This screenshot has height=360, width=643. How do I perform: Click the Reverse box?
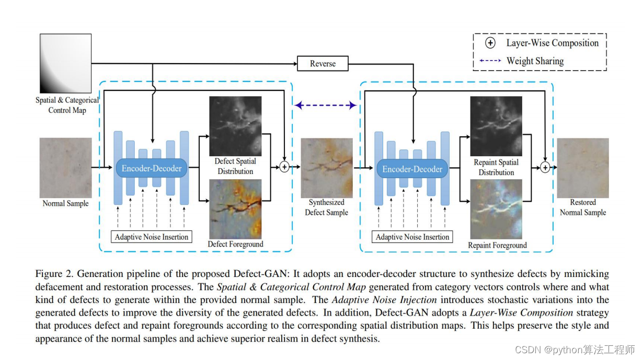click(323, 64)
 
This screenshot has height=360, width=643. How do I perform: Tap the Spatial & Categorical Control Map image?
click(65, 64)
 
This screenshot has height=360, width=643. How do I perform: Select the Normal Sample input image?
click(65, 168)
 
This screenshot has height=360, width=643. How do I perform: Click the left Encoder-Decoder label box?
click(152, 168)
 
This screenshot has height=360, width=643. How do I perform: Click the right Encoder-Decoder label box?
click(412, 169)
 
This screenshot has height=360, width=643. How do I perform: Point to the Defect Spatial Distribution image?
click(235, 125)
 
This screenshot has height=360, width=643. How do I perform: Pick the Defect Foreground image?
click(235, 209)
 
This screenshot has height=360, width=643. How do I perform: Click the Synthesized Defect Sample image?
click(326, 168)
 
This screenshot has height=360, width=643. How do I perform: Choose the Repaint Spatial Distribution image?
click(496, 125)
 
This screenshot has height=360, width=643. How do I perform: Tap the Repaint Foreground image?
click(496, 209)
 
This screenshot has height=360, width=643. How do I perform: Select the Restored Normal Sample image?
click(582, 168)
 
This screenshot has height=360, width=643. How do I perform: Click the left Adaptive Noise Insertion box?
click(152, 237)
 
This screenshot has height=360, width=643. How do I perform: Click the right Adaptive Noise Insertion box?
click(412, 237)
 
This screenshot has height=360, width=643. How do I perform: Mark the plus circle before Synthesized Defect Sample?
click(284, 167)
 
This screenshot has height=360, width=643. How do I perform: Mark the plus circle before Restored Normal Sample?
click(545, 167)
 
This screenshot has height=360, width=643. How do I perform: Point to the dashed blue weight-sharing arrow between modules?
click(326, 106)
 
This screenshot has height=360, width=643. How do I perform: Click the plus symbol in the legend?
click(490, 43)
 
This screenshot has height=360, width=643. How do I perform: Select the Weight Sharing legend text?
click(535, 61)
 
